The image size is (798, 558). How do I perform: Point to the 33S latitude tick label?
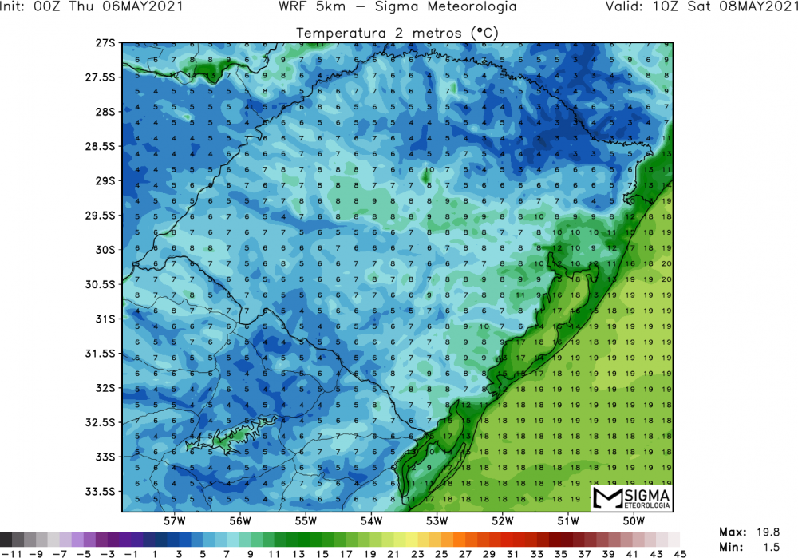point(105,457)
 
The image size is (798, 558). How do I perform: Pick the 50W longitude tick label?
point(633,522)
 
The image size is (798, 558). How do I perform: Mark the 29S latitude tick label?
point(105,181)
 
